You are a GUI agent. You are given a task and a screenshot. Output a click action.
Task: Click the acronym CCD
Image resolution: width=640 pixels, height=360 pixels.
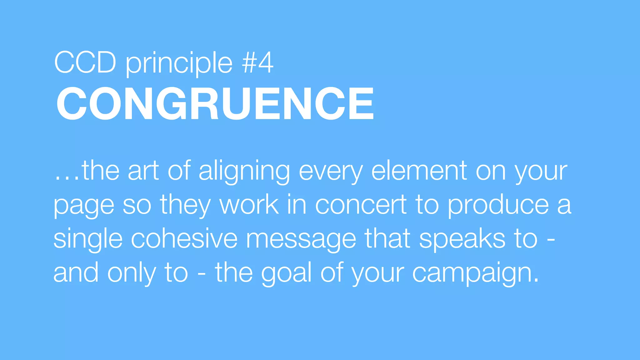click(85, 63)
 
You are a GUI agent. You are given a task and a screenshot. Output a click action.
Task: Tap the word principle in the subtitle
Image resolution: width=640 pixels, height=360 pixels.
click(179, 64)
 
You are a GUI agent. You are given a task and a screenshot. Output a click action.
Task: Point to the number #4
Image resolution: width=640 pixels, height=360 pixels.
click(258, 63)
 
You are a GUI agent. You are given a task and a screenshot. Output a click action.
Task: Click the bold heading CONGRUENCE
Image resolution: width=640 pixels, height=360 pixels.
click(215, 103)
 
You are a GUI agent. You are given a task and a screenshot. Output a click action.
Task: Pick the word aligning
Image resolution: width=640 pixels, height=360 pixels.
click(244, 172)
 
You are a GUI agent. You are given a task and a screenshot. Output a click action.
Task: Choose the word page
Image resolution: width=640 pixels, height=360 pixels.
click(84, 207)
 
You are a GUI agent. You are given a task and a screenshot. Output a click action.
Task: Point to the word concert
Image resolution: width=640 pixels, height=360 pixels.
click(361, 205)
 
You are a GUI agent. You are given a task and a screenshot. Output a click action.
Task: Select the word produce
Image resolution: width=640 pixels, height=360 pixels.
click(498, 206)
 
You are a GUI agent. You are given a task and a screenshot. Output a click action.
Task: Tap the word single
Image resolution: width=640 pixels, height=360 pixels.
click(88, 240)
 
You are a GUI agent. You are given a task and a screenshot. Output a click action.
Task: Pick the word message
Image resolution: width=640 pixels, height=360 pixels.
click(301, 240)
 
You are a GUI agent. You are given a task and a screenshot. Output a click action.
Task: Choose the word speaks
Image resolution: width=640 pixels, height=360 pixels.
click(462, 240)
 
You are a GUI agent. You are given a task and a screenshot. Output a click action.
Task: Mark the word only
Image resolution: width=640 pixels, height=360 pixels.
click(132, 273)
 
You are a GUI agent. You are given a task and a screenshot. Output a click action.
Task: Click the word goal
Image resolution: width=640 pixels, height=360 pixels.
click(287, 274)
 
